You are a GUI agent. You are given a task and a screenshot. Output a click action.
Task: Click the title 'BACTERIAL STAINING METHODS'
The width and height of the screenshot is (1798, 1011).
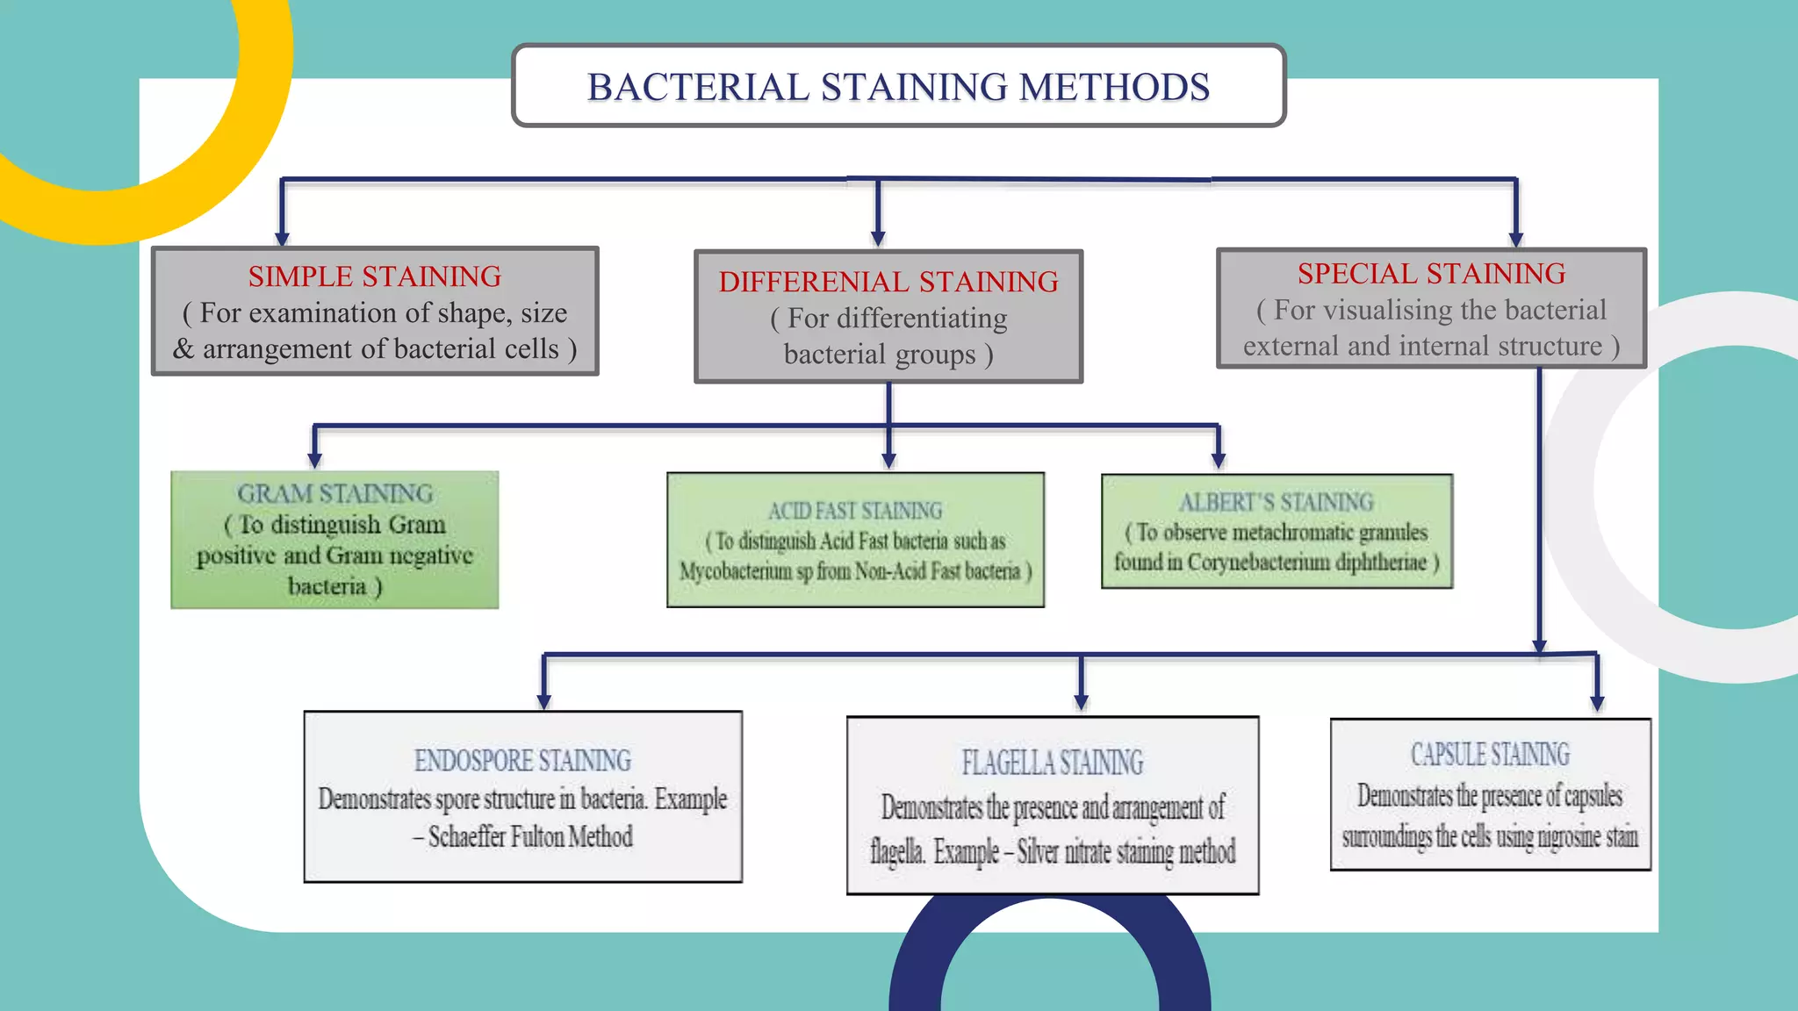[898, 87]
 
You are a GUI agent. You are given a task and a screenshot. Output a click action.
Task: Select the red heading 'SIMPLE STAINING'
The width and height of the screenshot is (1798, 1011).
[374, 276]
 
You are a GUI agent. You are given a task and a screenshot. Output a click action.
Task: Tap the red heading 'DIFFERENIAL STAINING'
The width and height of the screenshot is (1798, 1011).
[888, 282]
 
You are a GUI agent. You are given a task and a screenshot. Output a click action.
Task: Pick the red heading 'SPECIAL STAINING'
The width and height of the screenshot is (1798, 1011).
[1431, 274]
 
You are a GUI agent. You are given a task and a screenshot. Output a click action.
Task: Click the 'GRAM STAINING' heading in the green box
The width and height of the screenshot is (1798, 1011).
[334, 493]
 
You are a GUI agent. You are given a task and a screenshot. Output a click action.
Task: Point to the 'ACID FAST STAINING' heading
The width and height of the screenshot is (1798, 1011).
[855, 511]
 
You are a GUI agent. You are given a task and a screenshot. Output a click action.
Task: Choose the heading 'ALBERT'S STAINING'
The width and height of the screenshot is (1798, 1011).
[1276, 502]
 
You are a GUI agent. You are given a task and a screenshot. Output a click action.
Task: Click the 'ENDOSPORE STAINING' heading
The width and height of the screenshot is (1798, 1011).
[522, 760]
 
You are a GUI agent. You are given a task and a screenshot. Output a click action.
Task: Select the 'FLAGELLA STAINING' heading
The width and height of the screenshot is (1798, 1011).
[1052, 763]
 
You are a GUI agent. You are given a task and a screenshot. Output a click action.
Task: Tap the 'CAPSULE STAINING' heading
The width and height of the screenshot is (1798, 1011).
[1490, 755]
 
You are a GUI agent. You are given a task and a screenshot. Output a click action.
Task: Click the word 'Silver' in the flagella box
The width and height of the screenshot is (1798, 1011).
[1037, 851]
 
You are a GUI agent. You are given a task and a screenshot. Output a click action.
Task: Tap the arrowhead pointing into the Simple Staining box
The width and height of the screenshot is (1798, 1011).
[282, 239]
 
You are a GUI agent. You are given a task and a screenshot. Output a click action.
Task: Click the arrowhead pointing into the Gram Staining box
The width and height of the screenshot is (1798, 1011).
[314, 460]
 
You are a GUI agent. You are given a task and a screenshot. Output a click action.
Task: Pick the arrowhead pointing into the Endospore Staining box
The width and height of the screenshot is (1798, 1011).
[543, 701]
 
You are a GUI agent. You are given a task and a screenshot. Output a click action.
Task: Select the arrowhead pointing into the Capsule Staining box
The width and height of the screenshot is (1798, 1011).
[1597, 702]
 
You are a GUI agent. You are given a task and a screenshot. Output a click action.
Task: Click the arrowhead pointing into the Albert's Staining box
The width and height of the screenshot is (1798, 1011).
[1218, 460]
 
